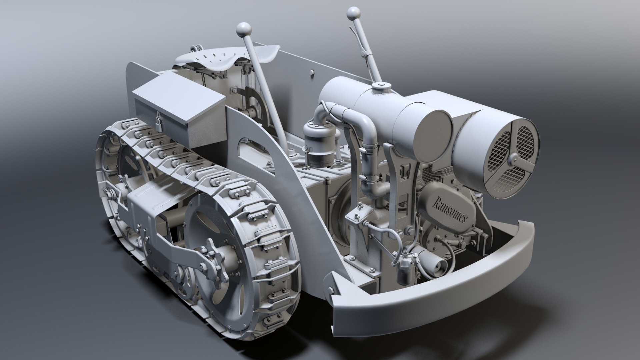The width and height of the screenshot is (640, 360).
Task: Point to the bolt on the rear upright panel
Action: (311, 72)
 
